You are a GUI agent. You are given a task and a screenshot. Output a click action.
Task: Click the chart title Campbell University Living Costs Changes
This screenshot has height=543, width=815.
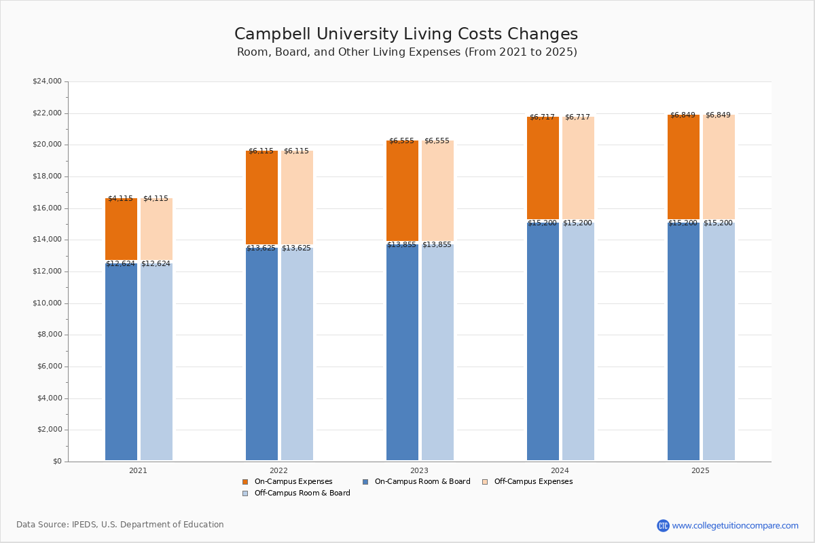[x=406, y=35]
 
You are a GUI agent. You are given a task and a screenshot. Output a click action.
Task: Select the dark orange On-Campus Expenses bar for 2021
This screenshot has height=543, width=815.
[x=121, y=229]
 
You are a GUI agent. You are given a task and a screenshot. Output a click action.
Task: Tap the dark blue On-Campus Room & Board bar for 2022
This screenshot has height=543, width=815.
[x=261, y=353]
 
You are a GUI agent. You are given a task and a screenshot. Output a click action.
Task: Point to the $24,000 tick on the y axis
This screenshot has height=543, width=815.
[x=47, y=81]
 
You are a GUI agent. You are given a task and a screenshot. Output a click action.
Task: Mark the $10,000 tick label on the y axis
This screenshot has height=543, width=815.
[x=47, y=303]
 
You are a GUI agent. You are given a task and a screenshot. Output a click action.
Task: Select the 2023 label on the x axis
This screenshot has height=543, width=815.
[x=419, y=470]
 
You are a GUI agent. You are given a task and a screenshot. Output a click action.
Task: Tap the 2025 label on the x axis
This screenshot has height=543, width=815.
[x=700, y=470]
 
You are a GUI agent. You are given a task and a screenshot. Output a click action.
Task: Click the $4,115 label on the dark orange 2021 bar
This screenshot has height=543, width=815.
[x=120, y=199]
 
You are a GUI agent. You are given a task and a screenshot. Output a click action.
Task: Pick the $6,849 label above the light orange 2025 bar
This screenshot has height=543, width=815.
[x=718, y=115]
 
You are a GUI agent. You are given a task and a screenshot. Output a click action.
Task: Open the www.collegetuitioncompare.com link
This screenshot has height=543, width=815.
[x=735, y=525]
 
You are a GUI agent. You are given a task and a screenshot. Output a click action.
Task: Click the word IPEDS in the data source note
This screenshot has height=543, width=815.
[x=84, y=525]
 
